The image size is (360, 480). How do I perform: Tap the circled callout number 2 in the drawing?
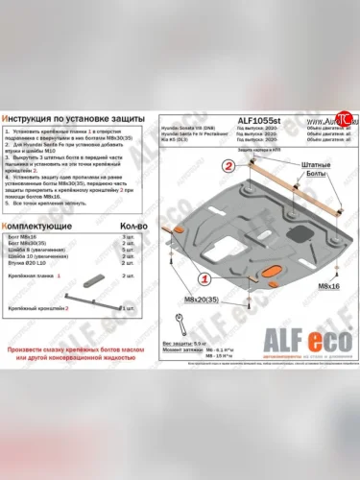(x=228, y=165)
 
